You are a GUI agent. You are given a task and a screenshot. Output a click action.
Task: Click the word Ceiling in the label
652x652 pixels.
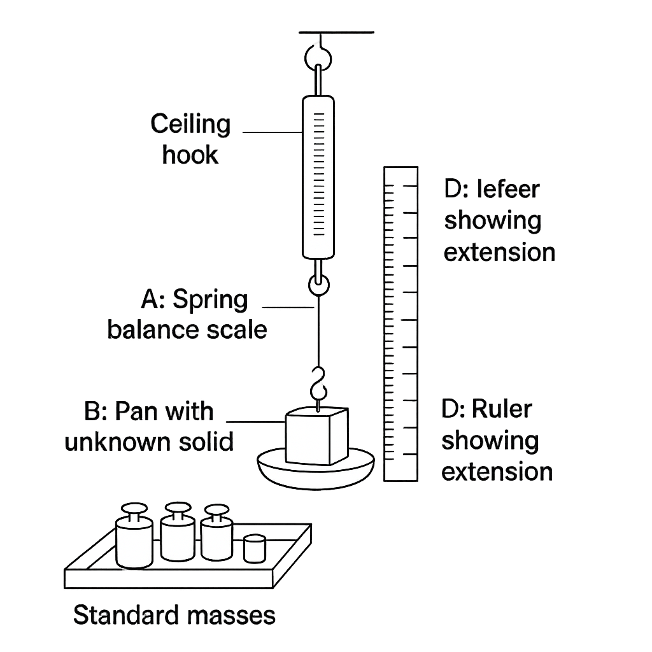click(190, 125)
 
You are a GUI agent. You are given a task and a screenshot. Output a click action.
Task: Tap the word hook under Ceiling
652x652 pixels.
click(190, 155)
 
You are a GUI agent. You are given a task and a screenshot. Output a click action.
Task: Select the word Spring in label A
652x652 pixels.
click(210, 301)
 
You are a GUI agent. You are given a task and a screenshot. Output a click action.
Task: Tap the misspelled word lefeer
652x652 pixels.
click(508, 189)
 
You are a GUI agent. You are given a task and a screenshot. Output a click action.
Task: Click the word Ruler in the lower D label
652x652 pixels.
click(502, 409)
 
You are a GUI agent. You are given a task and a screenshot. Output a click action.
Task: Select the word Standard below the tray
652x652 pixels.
click(127, 615)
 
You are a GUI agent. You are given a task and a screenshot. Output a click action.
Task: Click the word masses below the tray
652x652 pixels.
click(231, 616)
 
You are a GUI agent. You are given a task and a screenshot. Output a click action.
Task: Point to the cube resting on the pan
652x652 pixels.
click(317, 436)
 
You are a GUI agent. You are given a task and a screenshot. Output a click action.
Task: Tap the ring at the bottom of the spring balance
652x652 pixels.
click(319, 285)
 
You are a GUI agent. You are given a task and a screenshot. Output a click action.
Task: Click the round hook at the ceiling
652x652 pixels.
click(318, 57)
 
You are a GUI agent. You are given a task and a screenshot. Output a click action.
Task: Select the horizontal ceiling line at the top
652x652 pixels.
click(336, 32)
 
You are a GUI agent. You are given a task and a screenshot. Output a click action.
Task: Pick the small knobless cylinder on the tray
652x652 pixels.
click(255, 549)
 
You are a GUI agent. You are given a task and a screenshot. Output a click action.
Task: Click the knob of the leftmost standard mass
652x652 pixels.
click(134, 508)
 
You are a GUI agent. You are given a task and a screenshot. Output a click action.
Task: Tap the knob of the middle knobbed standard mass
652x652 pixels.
click(178, 507)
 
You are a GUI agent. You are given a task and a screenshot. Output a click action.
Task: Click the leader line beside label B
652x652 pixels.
click(256, 422)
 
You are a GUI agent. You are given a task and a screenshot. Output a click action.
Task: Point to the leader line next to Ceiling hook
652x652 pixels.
click(273, 132)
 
